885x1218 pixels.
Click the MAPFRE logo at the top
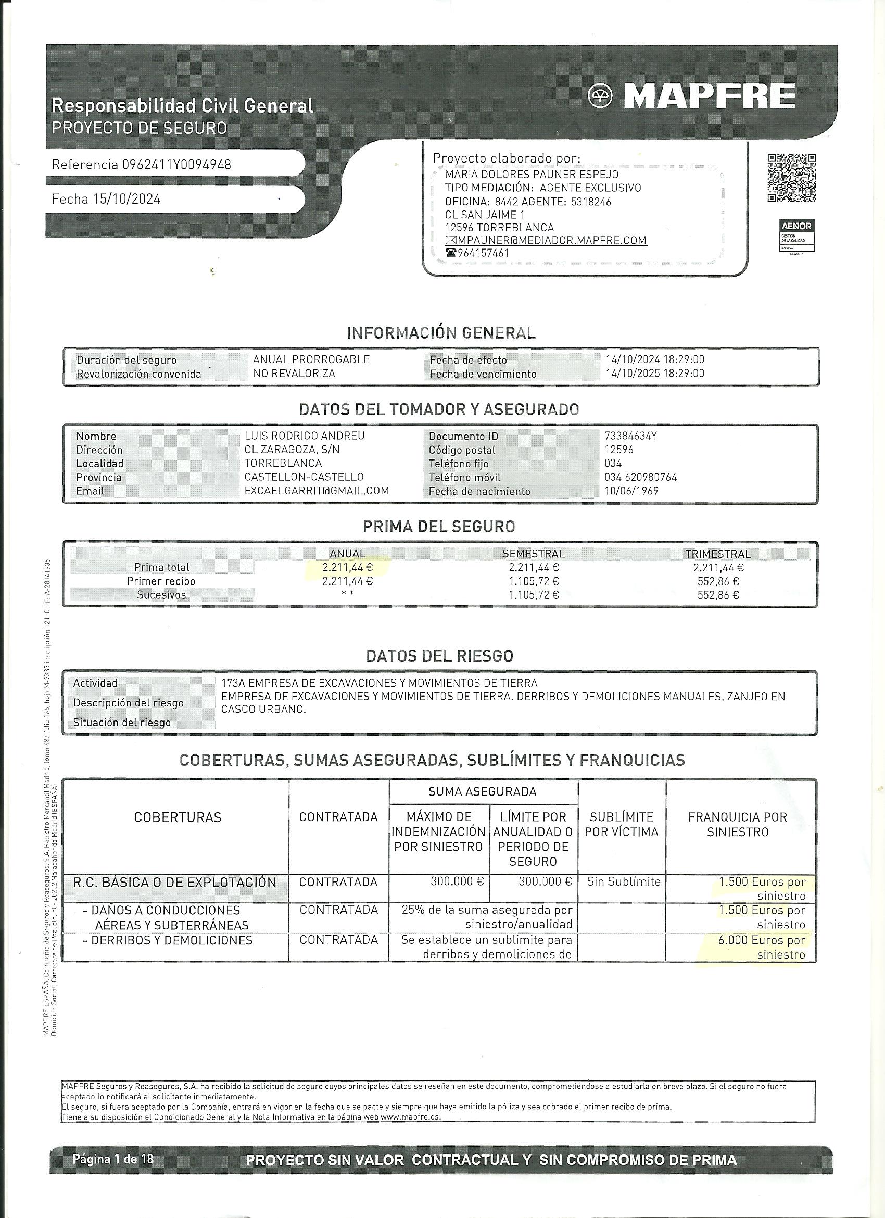tap(692, 97)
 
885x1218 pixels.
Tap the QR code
tap(791, 178)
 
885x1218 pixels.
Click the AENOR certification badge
tap(797, 236)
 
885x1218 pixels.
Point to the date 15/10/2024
tap(127, 199)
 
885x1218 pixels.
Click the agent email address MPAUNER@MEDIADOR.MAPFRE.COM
tap(552, 241)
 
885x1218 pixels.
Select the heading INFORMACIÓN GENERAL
tap(441, 333)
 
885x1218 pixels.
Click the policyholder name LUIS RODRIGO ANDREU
tap(305, 436)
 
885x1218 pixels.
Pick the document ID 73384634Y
tap(630, 436)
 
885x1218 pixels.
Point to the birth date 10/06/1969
tap(631, 491)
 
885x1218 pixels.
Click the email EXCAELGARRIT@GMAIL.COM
tap(317, 491)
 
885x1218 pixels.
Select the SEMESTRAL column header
tap(533, 554)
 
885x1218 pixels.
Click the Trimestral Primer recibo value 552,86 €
tap(718, 581)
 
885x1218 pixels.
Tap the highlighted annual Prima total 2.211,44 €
tap(348, 567)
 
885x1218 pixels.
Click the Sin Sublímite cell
tap(623, 882)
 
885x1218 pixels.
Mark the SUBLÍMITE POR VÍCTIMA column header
tap(621, 824)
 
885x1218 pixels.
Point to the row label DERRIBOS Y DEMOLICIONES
tap(171, 940)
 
